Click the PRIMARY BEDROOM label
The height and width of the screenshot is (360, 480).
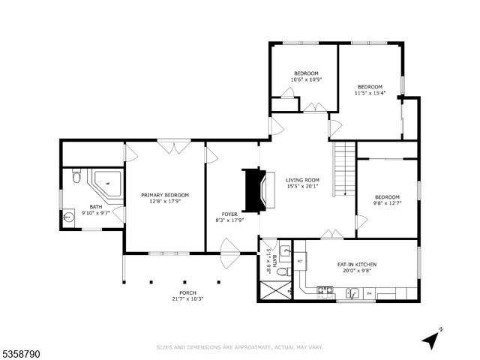point(165,195)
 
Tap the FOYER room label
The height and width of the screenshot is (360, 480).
point(229,214)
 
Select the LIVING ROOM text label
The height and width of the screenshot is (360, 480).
point(302,180)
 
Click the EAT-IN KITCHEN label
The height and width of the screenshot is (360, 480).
point(356,265)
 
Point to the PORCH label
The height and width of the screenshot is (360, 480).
point(187,292)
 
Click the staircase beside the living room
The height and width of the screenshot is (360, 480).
point(343,169)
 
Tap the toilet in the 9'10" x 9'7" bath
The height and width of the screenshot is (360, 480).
point(76,178)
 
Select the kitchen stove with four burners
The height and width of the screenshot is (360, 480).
point(325,289)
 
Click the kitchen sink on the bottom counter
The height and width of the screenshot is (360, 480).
point(350,295)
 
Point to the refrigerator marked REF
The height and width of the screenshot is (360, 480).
point(299,262)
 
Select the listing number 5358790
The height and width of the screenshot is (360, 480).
point(20,349)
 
